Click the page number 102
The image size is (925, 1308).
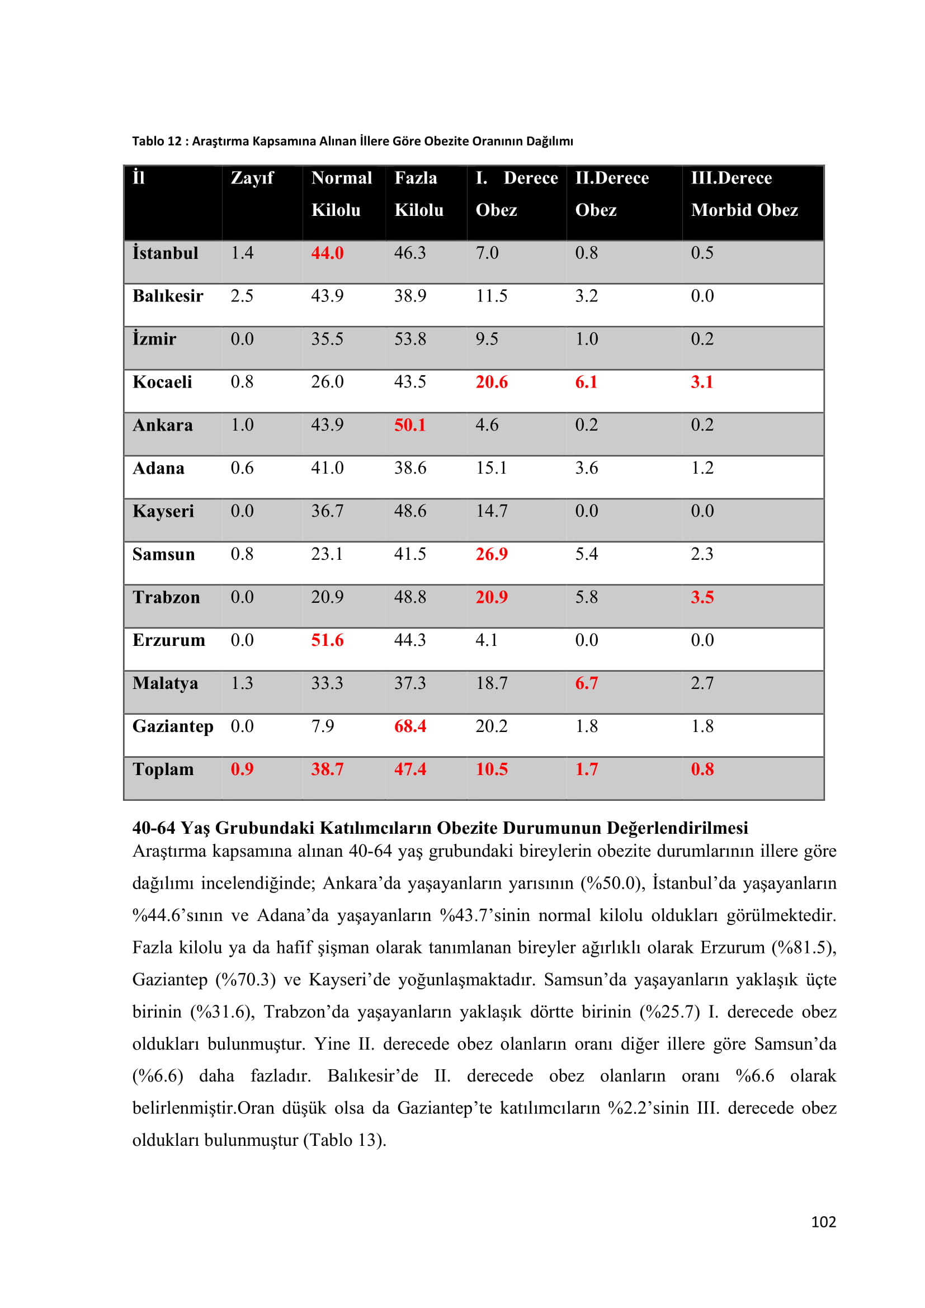[x=823, y=1221]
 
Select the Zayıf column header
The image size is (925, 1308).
[x=252, y=178]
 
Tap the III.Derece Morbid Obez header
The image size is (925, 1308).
[x=744, y=194]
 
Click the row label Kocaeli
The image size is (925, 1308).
[x=162, y=383]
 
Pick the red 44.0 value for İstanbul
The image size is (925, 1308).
[x=327, y=253]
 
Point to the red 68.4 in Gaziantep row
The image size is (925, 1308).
[x=410, y=726]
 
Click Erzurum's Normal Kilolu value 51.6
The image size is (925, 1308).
[x=327, y=640]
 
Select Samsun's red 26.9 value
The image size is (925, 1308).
[x=492, y=554]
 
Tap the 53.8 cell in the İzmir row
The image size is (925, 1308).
[x=410, y=339]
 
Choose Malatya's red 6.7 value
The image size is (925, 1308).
[x=586, y=683]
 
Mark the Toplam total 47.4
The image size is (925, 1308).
[x=410, y=769]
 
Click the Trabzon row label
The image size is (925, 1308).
[x=166, y=597]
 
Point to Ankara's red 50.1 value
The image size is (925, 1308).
[x=410, y=425]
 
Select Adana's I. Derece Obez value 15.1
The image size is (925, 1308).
[x=492, y=468]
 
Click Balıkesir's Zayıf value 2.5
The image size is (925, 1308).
[x=242, y=296]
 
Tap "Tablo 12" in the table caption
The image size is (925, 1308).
[x=157, y=141]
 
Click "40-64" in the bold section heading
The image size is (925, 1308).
[x=154, y=828]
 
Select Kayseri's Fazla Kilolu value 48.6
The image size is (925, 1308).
[x=410, y=511]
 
